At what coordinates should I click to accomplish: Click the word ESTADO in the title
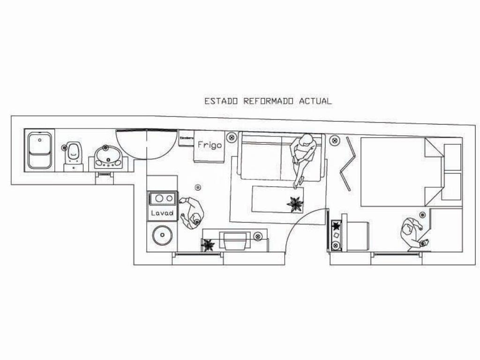[221, 101]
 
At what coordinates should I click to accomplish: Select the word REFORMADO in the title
[268, 101]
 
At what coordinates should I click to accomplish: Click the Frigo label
[209, 145]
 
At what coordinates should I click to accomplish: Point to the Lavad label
[162, 213]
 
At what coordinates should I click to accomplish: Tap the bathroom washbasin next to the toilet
[108, 157]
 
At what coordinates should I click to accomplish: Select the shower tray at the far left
[39, 150]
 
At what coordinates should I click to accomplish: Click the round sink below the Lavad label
[162, 235]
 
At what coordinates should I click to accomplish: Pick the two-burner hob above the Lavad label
[163, 198]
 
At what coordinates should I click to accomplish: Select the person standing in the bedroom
[412, 233]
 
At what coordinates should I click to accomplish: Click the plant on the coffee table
[295, 204]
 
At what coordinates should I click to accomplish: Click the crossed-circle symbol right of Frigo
[231, 137]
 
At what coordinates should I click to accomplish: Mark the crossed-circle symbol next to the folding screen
[334, 140]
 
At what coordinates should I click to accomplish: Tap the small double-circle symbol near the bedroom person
[422, 215]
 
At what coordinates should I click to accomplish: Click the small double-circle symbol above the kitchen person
[198, 187]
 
